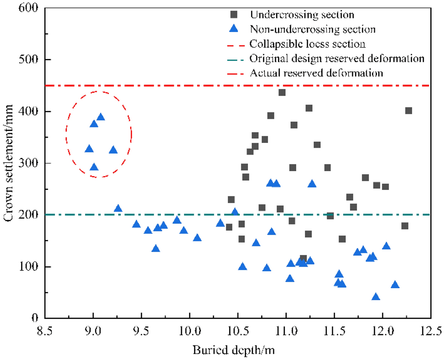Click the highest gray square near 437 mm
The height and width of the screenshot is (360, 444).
click(282, 92)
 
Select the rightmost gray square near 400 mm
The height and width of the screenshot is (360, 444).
click(409, 111)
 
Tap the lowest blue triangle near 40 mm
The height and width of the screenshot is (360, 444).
click(376, 297)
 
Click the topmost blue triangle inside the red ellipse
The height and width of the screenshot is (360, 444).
click(100, 117)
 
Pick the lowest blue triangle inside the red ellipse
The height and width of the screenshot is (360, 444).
click(94, 167)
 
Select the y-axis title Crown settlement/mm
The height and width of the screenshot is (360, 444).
click(8, 163)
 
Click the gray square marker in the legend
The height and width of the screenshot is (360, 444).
click(234, 15)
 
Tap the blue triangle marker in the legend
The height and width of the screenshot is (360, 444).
click(234, 29)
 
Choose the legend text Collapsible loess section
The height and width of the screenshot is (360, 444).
click(307, 44)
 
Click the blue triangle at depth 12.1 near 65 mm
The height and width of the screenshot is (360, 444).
click(395, 285)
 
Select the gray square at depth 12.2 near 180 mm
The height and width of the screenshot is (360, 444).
click(405, 226)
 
